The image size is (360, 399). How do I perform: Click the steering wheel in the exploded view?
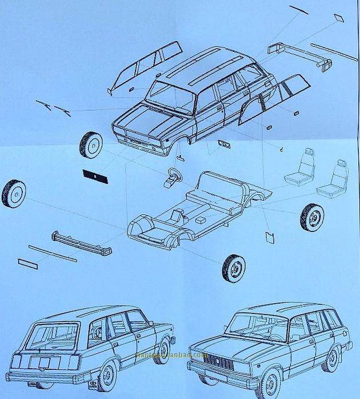point(174,172)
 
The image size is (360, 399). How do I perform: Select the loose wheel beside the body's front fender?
point(91,145)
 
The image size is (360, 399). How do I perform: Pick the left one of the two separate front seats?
point(300,168)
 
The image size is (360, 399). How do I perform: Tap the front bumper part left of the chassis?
point(80,242)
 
